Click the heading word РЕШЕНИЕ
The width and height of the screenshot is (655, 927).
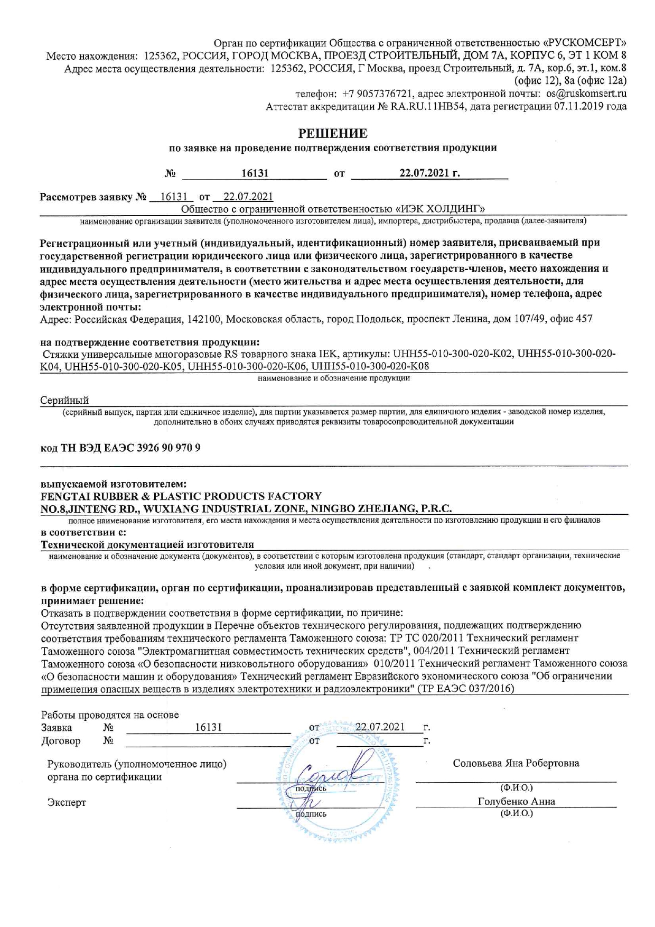(x=333, y=133)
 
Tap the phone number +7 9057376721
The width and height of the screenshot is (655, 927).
(x=377, y=94)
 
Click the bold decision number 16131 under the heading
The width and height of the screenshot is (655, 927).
(x=255, y=173)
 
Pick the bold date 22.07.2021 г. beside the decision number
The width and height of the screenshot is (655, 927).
(x=429, y=173)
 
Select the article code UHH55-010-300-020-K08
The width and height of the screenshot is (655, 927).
(x=370, y=366)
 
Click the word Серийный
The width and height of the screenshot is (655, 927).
(x=64, y=400)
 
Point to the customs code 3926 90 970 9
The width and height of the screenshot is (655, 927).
(x=169, y=448)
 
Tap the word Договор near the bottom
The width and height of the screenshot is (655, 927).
(x=61, y=741)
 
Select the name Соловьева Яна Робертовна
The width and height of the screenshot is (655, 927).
(x=516, y=763)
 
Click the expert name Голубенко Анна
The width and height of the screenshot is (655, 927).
(x=516, y=801)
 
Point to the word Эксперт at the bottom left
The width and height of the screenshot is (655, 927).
(x=67, y=802)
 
